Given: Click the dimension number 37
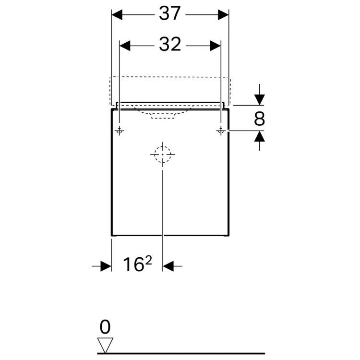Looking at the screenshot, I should click(x=170, y=14).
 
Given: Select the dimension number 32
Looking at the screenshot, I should click(x=170, y=45).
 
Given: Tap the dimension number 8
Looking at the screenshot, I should click(x=260, y=119).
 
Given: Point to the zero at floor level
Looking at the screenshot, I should click(x=105, y=328).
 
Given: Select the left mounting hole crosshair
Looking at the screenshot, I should click(x=119, y=131).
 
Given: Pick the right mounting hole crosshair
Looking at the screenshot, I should click(x=221, y=131).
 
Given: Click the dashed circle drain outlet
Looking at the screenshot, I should click(x=163, y=155).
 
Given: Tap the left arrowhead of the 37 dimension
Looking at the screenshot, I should click(x=117, y=14).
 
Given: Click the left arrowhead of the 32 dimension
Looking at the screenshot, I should click(x=125, y=45).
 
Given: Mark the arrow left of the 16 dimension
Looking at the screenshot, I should click(x=105, y=265).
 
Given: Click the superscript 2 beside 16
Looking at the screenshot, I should click(x=142, y=261).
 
